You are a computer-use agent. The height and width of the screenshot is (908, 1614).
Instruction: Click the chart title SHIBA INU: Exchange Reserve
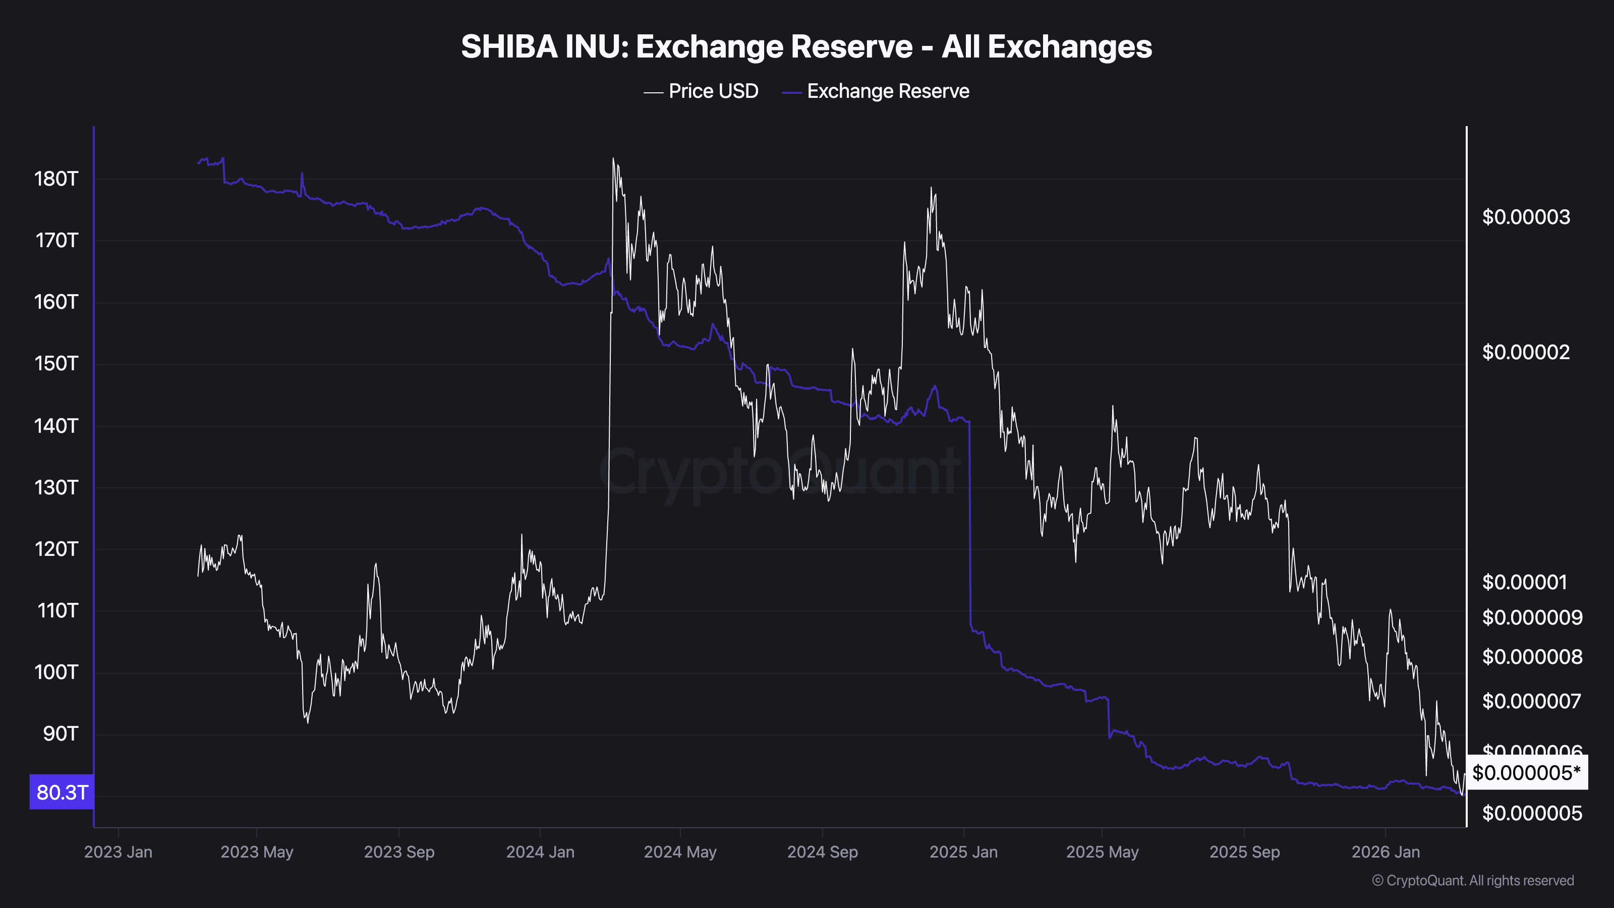click(x=806, y=46)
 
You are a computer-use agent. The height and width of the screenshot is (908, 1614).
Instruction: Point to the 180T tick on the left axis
click(x=56, y=179)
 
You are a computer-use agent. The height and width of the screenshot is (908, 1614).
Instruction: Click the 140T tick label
click(x=56, y=426)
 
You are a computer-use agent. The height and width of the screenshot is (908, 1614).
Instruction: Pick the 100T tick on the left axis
click(x=56, y=672)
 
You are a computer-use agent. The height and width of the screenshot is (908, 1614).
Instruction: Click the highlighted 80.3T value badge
click(x=62, y=792)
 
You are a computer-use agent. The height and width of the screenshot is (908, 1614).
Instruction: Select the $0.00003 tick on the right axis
click(x=1526, y=217)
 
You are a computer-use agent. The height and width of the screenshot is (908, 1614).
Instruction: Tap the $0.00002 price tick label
click(x=1526, y=353)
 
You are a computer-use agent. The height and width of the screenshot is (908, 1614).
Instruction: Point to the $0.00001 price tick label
click(x=1524, y=583)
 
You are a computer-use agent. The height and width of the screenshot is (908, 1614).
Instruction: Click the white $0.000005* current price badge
click(x=1526, y=773)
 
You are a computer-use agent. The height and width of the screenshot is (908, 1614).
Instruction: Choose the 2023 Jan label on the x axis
click(x=119, y=852)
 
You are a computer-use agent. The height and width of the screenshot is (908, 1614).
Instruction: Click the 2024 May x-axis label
click(x=680, y=852)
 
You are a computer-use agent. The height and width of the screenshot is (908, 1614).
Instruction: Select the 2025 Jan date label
click(x=964, y=852)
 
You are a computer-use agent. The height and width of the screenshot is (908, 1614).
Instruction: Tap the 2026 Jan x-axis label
click(x=1386, y=852)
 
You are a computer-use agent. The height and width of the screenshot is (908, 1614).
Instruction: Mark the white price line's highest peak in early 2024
click(x=613, y=159)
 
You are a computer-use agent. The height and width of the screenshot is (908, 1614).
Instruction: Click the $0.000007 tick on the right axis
click(x=1531, y=701)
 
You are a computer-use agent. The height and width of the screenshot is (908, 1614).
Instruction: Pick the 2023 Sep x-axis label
click(x=399, y=852)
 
